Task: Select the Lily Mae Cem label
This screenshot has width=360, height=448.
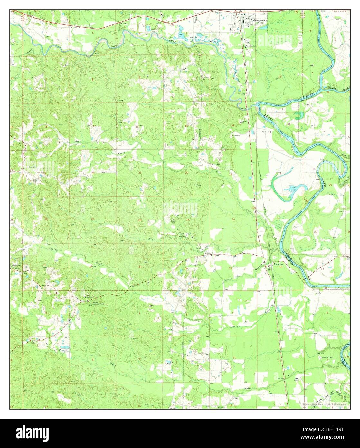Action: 242,94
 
